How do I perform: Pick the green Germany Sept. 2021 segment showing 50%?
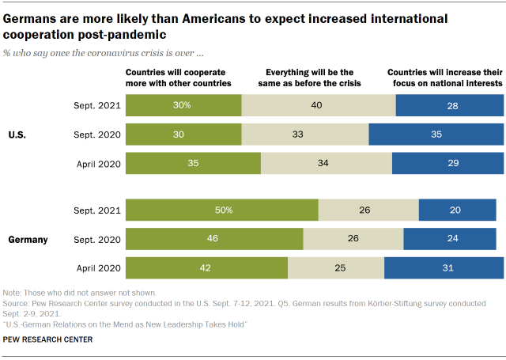coord(221,210)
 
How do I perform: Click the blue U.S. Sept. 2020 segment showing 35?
coord(436,135)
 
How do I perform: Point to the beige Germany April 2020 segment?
coord(336,267)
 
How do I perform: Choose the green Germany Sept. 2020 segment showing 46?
coord(214,238)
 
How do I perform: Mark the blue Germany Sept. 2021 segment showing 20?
coord(461,210)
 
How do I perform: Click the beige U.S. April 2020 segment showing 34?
coord(327,162)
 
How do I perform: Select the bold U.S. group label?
coord(17,135)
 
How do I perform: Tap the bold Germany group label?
coord(28,238)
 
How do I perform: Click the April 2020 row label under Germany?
coord(96,267)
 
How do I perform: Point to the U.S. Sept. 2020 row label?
coord(96,135)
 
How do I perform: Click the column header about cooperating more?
coord(179,78)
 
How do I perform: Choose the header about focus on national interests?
coord(447,78)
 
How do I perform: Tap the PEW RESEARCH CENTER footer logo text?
coord(47,339)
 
